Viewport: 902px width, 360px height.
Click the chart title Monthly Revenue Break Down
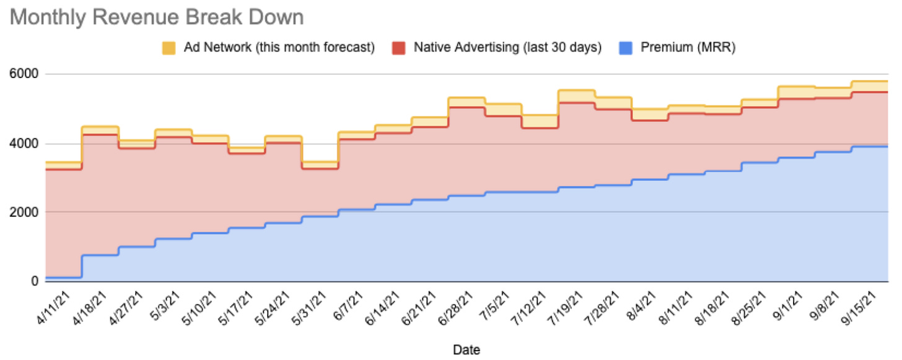tap(157, 17)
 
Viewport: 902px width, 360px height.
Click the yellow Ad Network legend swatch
tap(168, 48)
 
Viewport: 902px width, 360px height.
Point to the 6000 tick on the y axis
tap(24, 74)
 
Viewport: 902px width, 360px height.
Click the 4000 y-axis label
tap(24, 144)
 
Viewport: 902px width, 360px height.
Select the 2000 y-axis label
tap(24, 213)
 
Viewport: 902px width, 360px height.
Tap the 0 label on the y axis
tap(35, 282)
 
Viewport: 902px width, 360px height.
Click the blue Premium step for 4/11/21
tap(64, 277)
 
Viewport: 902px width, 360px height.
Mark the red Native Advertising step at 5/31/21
tap(319, 168)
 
